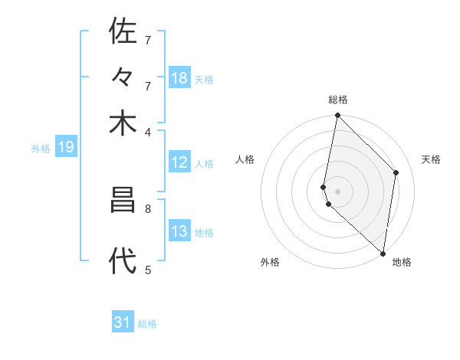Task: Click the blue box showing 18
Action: (x=179, y=78)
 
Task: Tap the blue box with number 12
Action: (x=179, y=162)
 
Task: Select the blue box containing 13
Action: (x=179, y=231)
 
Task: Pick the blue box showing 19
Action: (x=65, y=147)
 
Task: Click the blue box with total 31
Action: (x=123, y=322)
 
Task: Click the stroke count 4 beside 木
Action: (x=149, y=131)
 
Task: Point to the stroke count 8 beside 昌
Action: (x=149, y=208)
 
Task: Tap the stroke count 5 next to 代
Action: (x=149, y=269)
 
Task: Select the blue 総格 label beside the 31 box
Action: (x=148, y=324)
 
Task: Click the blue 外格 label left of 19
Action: (x=41, y=149)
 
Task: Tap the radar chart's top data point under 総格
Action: (x=337, y=116)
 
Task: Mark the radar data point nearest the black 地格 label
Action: (x=382, y=254)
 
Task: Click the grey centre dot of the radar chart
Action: (x=337, y=191)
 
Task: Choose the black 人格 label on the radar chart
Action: (x=245, y=159)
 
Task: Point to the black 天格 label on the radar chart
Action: (x=431, y=159)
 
